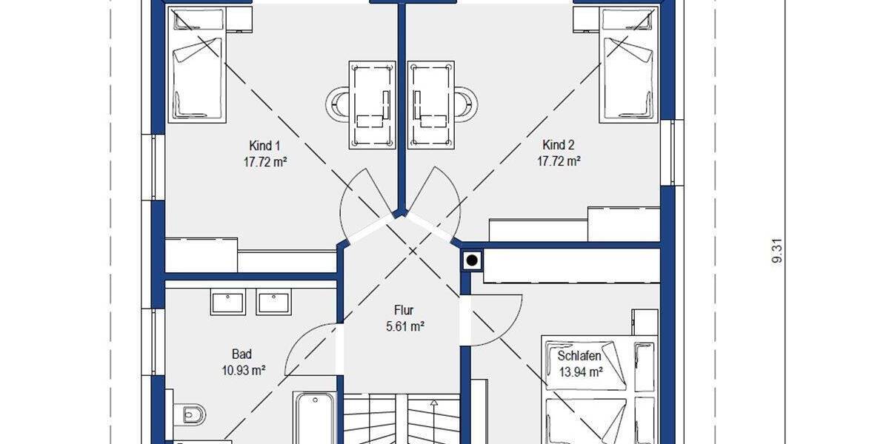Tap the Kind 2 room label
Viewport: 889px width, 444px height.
click(x=558, y=145)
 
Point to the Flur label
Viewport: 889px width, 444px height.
click(x=404, y=311)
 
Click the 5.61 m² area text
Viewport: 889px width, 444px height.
click(x=404, y=326)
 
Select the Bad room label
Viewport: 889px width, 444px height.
click(x=242, y=354)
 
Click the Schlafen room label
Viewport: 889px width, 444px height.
click(x=579, y=357)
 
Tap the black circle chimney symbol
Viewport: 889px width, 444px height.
click(x=472, y=260)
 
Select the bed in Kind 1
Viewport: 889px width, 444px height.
click(x=196, y=74)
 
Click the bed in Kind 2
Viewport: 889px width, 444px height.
click(x=629, y=74)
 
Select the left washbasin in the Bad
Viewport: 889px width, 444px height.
click(x=227, y=302)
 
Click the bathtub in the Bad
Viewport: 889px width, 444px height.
click(x=314, y=418)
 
